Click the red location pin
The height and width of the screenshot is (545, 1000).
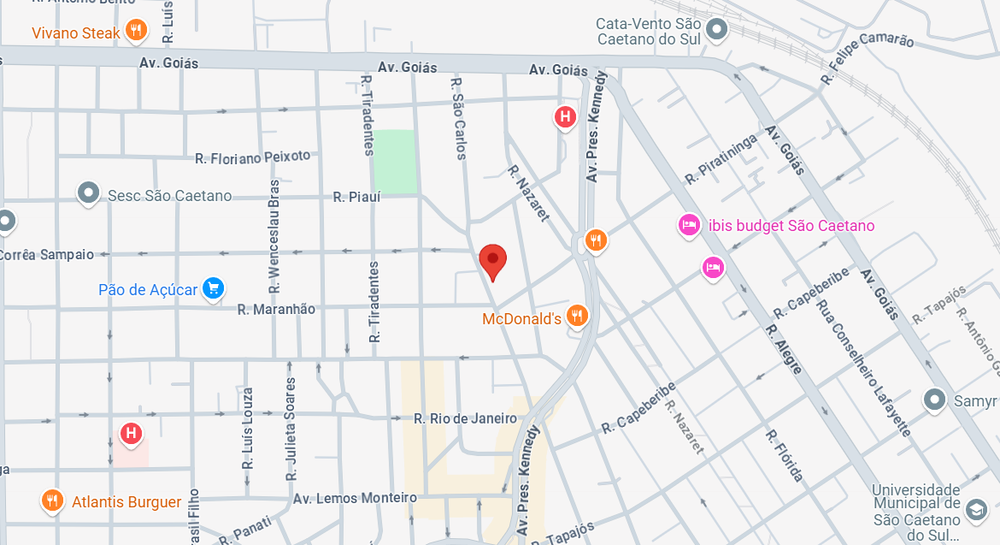coord(492,260)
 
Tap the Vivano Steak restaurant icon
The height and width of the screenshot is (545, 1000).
coord(136,32)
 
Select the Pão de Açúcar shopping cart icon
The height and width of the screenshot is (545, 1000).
coord(214,289)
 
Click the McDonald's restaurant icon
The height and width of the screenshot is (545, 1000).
coord(578,317)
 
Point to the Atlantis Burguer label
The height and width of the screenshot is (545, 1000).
coord(126,502)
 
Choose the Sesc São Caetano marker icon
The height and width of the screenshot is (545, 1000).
coord(89,194)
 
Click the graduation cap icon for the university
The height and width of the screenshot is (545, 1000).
coord(974,511)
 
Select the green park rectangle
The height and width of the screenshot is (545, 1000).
coord(396,161)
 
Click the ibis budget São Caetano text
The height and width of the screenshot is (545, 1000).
coord(791,226)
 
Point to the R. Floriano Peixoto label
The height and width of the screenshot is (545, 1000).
coord(253,157)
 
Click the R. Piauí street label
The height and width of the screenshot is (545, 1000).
coord(356,197)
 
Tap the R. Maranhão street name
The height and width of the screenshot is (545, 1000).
coord(276,309)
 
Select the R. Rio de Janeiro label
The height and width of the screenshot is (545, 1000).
coord(465,418)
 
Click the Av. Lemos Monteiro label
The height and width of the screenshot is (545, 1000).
coord(355,498)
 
